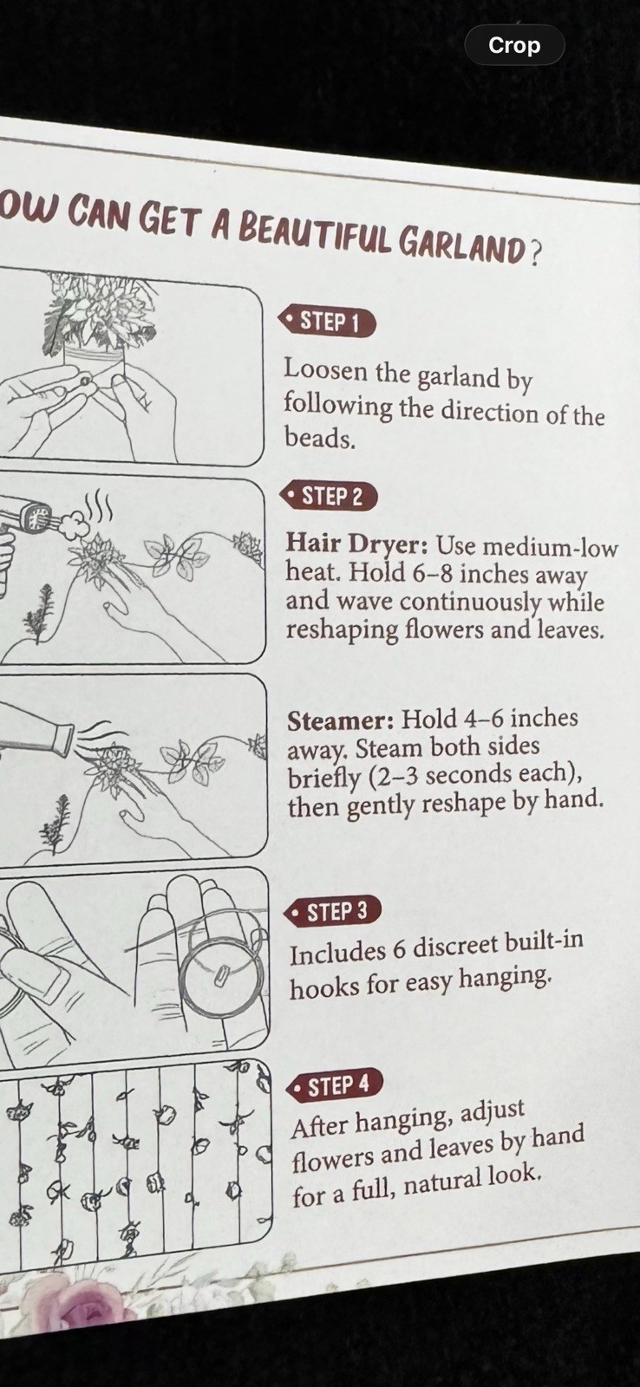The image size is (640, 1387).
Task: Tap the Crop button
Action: (514, 45)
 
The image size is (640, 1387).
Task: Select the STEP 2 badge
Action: (330, 496)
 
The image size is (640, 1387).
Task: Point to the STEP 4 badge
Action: (336, 1084)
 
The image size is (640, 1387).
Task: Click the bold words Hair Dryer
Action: (357, 545)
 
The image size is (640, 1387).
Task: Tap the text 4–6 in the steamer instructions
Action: (483, 719)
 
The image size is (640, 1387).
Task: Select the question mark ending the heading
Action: (533, 251)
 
